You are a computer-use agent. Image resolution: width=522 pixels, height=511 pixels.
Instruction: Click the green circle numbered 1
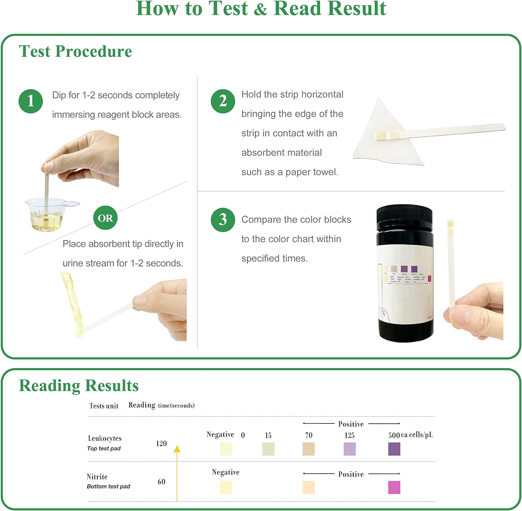[31, 101]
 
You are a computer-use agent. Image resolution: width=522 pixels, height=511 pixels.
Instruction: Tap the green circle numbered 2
[223, 101]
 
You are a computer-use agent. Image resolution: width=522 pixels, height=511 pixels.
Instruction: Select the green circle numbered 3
[223, 220]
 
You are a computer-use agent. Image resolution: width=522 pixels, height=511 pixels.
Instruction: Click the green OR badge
[105, 218]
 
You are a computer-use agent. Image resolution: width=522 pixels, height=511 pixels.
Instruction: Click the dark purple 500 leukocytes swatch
[394, 449]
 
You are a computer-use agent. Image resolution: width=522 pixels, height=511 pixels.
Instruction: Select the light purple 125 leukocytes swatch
[349, 449]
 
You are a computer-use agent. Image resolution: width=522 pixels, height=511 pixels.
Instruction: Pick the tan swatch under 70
[308, 449]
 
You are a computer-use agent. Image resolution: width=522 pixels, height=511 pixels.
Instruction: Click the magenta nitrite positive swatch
[394, 487]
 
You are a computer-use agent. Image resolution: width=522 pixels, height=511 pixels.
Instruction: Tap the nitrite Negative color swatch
[226, 487]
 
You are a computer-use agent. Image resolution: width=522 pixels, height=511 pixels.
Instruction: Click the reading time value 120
[161, 444]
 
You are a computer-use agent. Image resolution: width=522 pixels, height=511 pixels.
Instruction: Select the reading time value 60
[161, 482]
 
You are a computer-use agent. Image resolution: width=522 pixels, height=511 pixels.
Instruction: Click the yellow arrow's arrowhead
[177, 449]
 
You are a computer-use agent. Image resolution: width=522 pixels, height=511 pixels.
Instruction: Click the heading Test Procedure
[76, 51]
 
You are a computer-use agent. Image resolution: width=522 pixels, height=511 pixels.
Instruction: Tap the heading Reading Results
[79, 386]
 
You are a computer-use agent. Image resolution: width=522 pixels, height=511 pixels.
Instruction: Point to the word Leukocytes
[105, 438]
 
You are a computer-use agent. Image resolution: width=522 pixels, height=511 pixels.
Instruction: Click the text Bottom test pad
[108, 486]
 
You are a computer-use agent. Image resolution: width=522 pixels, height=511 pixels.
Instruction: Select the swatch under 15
[268, 449]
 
